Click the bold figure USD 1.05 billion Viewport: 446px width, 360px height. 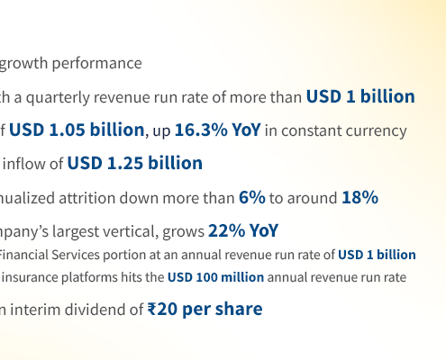(77, 130)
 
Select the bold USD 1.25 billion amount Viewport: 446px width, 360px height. (134, 163)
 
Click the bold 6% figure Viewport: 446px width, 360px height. (251, 197)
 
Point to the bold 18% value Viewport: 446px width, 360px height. (360, 197)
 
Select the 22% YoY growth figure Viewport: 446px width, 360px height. (243, 230)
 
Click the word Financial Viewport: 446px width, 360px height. (27, 255)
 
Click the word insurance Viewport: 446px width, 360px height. (31, 278)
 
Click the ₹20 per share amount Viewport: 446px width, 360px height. (205, 310)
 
